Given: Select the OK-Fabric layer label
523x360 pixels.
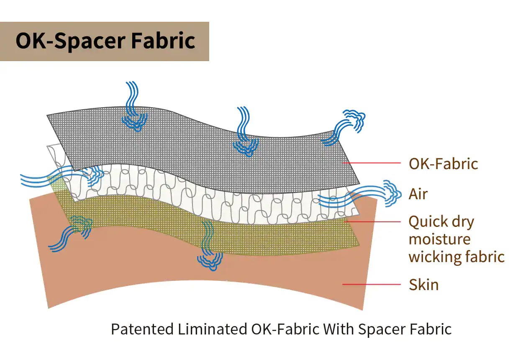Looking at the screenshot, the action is tap(443, 164).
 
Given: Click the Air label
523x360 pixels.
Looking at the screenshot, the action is tap(418, 194).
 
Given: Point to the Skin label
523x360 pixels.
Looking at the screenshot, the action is tap(423, 285).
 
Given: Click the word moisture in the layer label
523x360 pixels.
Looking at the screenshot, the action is tap(439, 239).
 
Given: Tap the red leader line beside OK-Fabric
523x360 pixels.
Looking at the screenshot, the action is tap(372, 163).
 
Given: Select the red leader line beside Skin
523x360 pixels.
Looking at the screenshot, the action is tap(372, 284).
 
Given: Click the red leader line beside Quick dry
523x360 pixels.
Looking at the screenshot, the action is tap(373, 221).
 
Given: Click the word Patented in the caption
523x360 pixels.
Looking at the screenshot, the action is tap(142, 329).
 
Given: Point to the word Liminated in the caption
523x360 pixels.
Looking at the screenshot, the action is tap(212, 329).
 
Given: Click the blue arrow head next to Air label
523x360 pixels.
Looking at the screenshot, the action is tap(393, 193).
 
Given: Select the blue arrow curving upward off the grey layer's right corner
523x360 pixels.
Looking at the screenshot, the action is tap(343, 127).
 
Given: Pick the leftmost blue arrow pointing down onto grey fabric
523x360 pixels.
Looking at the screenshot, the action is tap(134, 106).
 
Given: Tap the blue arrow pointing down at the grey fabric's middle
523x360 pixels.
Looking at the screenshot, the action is tap(245, 132).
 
